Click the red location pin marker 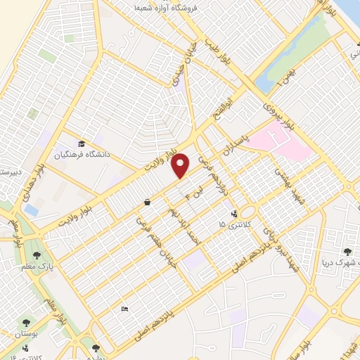pyautogui.click(x=181, y=165)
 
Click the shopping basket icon pyautogui.click(x=147, y=202)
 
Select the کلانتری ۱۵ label pyautogui.click(x=232, y=224)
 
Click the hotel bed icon pyautogui.click(x=124, y=309)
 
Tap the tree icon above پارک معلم pyautogui.click(x=36, y=255)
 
